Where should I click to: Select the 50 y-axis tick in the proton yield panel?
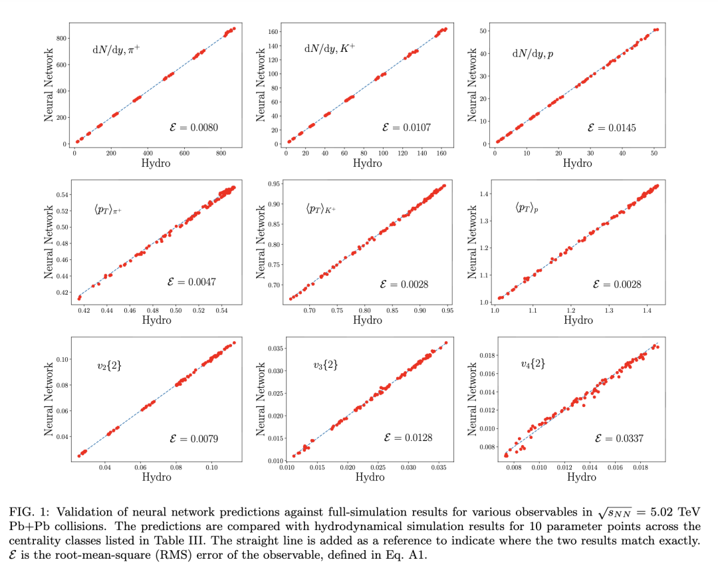coord(485,31)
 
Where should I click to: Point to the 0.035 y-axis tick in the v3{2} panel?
coord(274,348)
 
